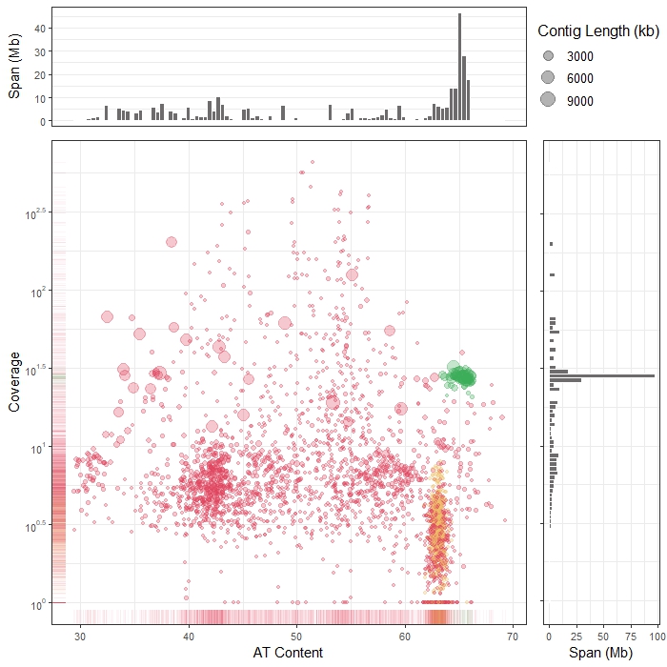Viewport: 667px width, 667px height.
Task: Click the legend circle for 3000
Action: click(548, 56)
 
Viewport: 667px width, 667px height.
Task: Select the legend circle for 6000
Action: click(548, 77)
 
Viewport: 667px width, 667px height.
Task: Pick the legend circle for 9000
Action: click(548, 100)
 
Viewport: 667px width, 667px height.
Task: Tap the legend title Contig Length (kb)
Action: click(598, 31)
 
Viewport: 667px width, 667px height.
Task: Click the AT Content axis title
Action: click(288, 653)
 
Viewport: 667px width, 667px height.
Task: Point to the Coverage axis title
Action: click(15, 381)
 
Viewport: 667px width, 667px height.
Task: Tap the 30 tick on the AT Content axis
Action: click(80, 636)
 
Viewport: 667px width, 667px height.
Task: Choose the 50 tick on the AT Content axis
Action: click(296, 636)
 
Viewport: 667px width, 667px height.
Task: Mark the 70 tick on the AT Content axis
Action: click(513, 636)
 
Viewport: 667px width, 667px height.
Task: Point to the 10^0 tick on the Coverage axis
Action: click(36, 604)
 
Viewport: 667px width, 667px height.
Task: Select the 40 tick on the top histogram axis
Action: click(40, 29)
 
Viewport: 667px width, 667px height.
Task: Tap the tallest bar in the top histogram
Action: click(459, 67)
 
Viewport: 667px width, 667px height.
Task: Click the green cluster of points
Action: click(462, 375)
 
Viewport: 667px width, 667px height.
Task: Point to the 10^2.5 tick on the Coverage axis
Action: click(32, 212)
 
